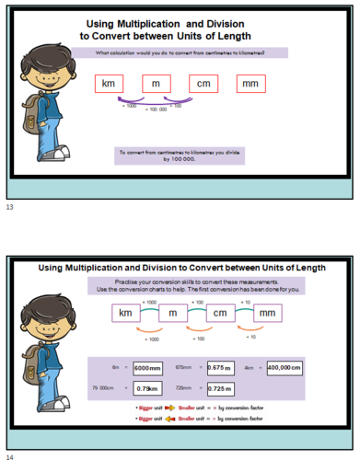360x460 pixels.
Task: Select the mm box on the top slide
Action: pos(249,85)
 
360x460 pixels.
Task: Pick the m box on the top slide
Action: pos(157,85)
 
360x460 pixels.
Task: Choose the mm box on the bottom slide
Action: pos(266,314)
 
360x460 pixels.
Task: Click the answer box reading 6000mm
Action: pos(147,367)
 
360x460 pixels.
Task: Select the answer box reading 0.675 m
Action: pos(217,367)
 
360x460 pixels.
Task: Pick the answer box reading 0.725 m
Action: pos(218,387)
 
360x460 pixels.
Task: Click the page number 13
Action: pos(9,208)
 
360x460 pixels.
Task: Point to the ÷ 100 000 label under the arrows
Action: pos(156,109)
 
